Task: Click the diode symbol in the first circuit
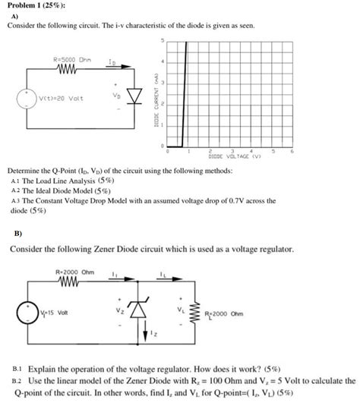(135, 96)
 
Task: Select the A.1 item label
(17, 182)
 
